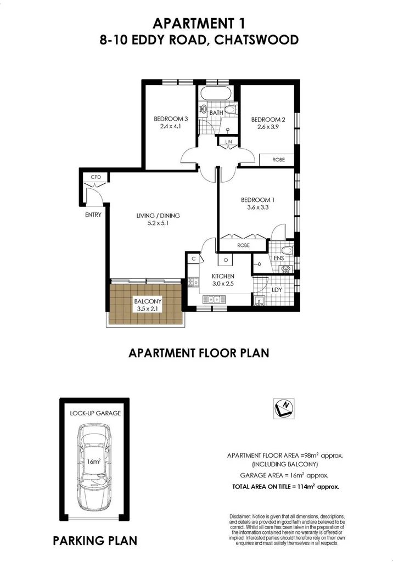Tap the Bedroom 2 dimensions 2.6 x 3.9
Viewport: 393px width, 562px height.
point(268,127)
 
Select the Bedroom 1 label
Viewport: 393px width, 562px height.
point(257,200)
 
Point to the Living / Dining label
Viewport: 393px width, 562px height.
point(158,216)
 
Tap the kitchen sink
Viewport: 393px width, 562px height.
point(211,299)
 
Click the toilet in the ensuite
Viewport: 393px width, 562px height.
point(288,251)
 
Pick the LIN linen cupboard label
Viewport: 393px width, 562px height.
point(228,142)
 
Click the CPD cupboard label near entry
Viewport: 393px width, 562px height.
point(96,177)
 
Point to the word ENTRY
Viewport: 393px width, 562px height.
point(93,215)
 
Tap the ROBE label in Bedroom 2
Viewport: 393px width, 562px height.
point(279,159)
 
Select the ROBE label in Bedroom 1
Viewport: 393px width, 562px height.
point(244,246)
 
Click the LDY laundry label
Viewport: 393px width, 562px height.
point(277,289)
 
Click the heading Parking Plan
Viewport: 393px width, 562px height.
point(94,541)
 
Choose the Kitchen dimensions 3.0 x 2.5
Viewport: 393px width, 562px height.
point(223,284)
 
